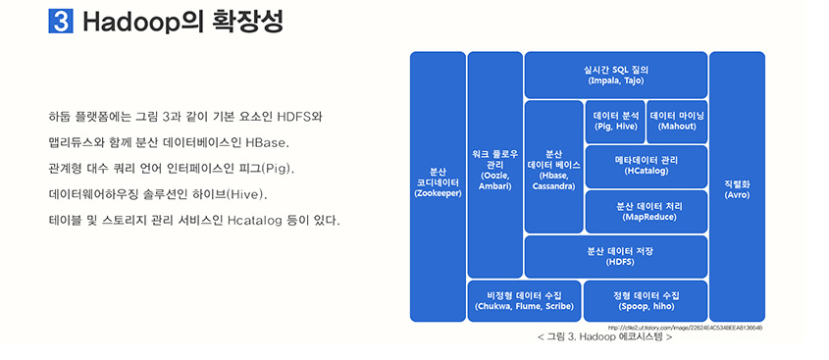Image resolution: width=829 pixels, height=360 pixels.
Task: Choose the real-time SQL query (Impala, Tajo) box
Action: pos(615,75)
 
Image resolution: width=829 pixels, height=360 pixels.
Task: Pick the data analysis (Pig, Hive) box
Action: pos(615,121)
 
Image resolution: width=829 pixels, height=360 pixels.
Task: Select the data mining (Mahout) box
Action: pos(677,121)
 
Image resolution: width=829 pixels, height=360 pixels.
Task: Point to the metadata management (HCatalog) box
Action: pos(646,165)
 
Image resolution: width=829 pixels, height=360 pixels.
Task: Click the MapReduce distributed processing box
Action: pos(646,211)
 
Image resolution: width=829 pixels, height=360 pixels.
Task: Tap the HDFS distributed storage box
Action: pos(615,256)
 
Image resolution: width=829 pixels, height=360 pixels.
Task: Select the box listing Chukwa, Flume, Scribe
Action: pos(524,301)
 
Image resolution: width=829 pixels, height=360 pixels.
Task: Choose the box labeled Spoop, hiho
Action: pos(646,301)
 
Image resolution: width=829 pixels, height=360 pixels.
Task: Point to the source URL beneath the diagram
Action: pos(686,327)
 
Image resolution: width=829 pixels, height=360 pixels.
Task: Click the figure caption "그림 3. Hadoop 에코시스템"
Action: pos(604,338)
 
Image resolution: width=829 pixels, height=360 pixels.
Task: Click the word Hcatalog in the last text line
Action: pos(256,220)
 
